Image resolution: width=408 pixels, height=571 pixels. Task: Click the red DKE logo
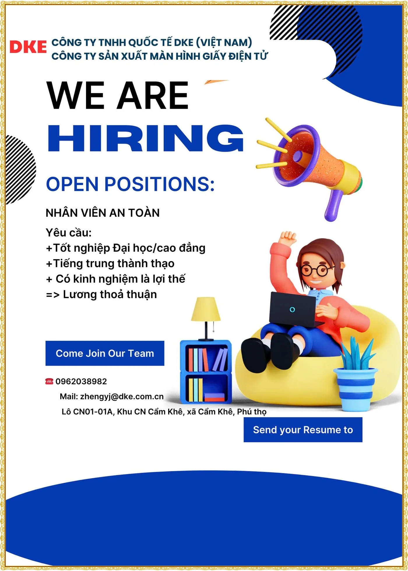pyautogui.click(x=28, y=47)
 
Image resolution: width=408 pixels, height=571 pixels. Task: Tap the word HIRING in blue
pyautogui.click(x=145, y=138)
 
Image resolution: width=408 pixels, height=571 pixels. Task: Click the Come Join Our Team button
pyautogui.click(x=105, y=353)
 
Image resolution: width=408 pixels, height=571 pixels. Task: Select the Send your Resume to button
pyautogui.click(x=303, y=430)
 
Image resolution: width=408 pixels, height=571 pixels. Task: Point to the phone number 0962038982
pyautogui.click(x=81, y=381)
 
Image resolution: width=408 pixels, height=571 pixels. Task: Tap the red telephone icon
pyautogui.click(x=49, y=381)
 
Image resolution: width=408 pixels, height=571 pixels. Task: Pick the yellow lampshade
pyautogui.click(x=206, y=309)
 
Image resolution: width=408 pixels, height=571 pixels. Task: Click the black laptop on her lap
pyautogui.click(x=294, y=309)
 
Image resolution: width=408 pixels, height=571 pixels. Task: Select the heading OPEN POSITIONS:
pyautogui.click(x=130, y=184)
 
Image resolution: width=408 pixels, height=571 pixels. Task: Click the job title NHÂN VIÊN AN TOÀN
pyautogui.click(x=103, y=213)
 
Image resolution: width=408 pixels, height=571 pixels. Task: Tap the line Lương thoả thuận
pyautogui.click(x=110, y=295)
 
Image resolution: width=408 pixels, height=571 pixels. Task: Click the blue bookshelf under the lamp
pyautogui.click(x=206, y=372)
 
